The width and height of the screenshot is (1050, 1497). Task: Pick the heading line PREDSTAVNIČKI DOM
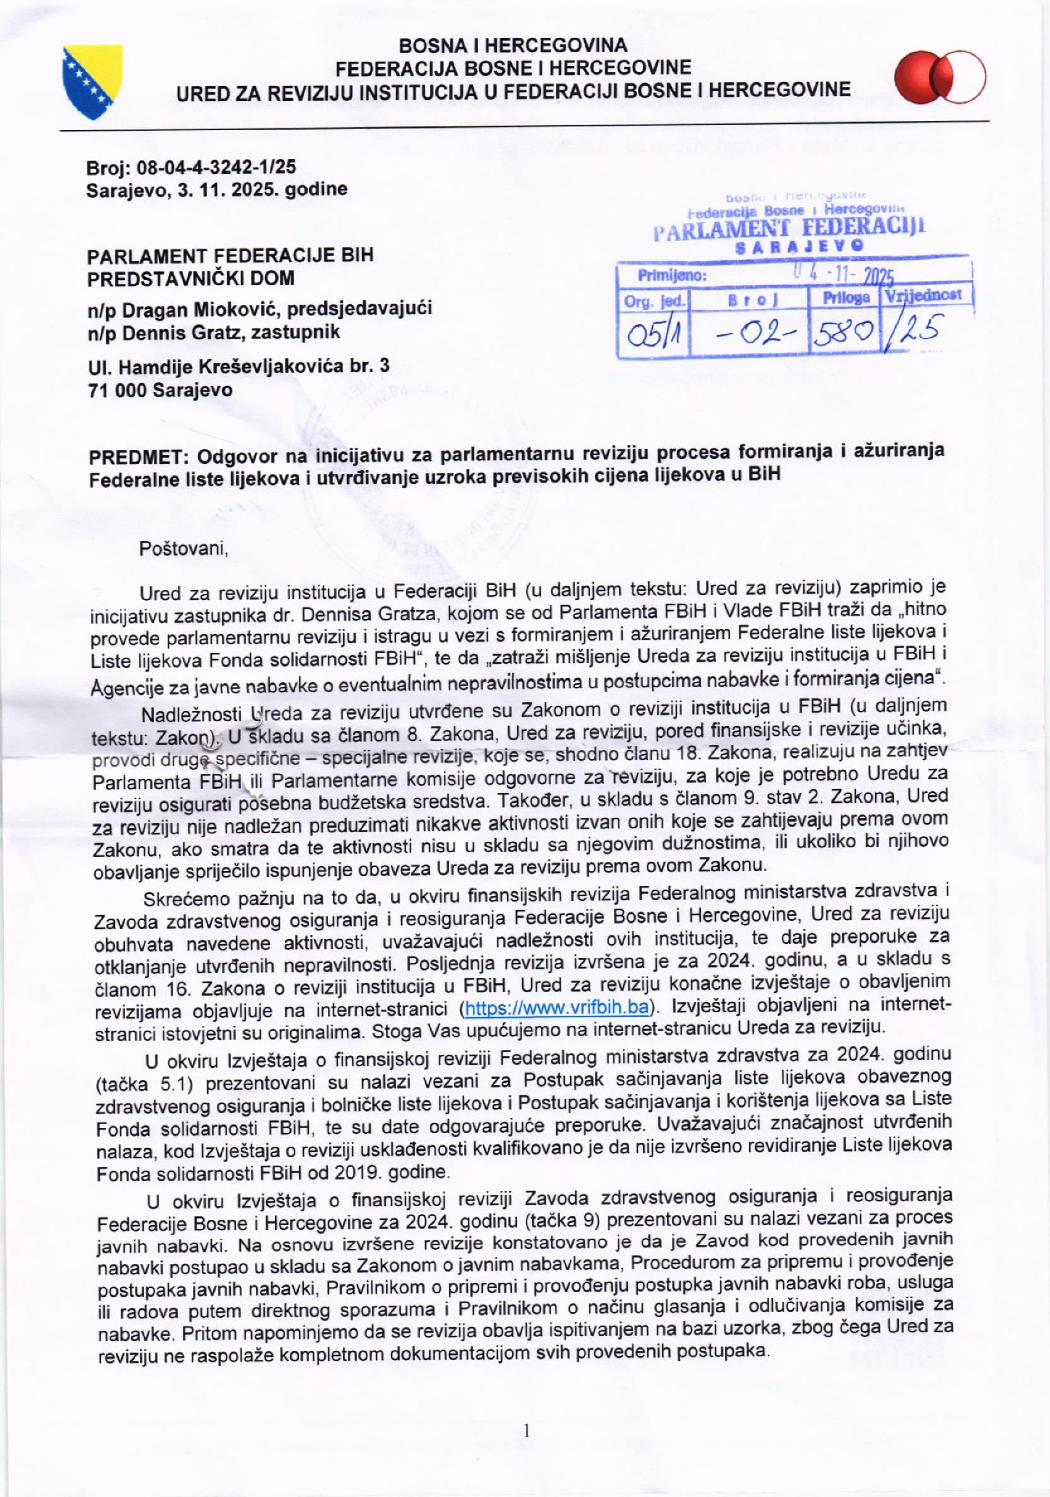coord(190,278)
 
